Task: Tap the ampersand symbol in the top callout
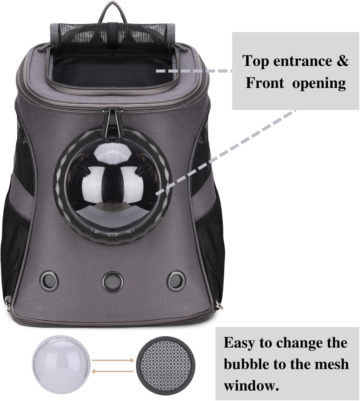pos(342,61)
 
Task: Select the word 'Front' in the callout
pos(265,83)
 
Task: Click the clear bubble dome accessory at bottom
pos(62,364)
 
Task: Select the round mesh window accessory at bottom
pos(164,364)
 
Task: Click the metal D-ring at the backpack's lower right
pos(219,305)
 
